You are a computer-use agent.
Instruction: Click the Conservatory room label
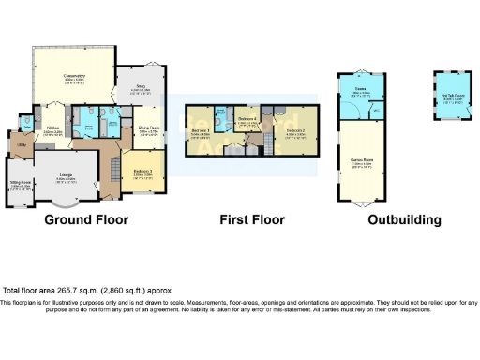(x=75, y=77)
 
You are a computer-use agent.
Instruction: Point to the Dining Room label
(x=149, y=129)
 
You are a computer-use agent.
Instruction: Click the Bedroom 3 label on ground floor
(x=142, y=171)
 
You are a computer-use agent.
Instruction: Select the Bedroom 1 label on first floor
(x=199, y=132)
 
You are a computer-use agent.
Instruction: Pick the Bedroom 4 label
(x=247, y=120)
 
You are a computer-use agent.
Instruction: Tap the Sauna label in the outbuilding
(x=358, y=92)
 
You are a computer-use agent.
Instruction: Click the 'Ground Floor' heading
(x=85, y=220)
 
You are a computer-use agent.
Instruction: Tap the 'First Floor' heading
(x=252, y=220)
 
